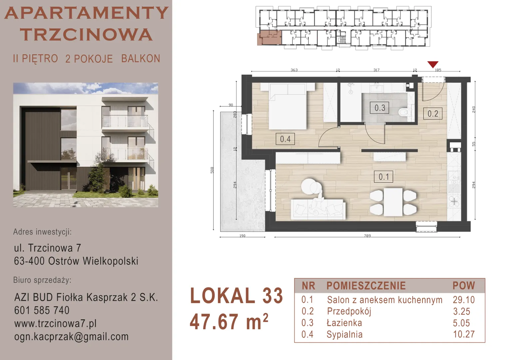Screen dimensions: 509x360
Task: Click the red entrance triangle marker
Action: [433, 64]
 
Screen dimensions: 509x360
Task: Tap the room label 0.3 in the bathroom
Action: [379, 108]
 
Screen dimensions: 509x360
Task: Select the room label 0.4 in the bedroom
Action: [285, 139]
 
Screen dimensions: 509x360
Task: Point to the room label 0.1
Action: [383, 177]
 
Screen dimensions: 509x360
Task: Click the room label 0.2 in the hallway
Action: [433, 113]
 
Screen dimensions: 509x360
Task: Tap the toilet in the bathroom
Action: [405, 112]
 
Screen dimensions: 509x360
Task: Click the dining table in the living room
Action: [393, 202]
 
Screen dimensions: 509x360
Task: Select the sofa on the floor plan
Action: [318, 209]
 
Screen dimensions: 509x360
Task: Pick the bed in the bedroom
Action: [287, 106]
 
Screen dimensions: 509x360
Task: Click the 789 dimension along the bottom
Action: [367, 236]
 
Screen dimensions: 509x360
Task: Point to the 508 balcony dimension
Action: [212, 170]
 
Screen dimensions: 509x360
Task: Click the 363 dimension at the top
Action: [294, 70]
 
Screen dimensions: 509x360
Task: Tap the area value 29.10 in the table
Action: [464, 300]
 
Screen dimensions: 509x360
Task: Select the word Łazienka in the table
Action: [344, 323]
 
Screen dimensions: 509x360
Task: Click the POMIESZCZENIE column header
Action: [366, 286]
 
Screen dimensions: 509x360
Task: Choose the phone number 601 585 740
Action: [42, 310]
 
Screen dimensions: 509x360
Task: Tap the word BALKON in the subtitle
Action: [141, 59]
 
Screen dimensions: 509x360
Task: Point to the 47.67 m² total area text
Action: [229, 321]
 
